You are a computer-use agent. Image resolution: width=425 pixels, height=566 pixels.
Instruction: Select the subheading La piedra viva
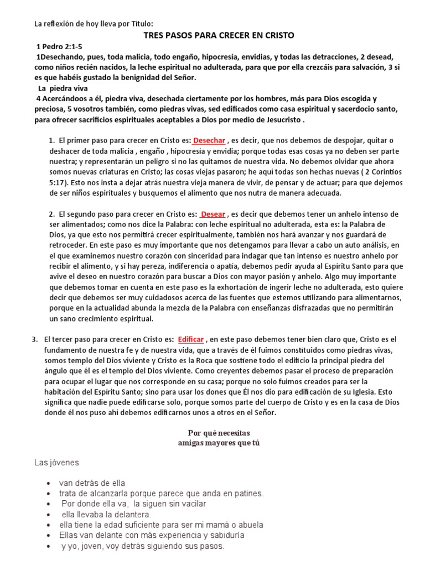tap(63, 88)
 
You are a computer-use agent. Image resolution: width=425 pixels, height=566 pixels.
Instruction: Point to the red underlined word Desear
tap(213, 214)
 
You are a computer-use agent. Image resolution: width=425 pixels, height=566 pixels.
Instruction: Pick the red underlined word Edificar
tap(191, 339)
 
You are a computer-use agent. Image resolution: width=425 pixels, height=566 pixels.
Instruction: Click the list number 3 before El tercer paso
tap(34, 339)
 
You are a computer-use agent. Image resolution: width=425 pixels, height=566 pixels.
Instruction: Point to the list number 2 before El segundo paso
tap(51, 214)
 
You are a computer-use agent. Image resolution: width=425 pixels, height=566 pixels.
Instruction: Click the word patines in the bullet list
tap(249, 493)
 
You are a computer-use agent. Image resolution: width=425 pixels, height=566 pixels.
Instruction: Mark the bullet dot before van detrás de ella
tap(50, 483)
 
